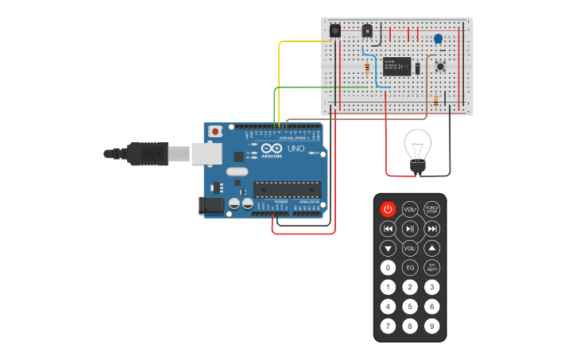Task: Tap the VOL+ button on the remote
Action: pos(410,210)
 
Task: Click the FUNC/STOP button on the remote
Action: pos(431,210)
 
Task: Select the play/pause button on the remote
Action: pos(410,229)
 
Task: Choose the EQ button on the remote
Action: pos(410,268)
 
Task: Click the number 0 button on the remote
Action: pos(388,268)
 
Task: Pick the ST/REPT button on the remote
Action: pos(431,268)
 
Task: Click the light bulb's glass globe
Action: pos(417,145)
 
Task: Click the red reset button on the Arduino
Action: pos(215,132)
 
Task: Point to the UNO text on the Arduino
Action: pos(296,149)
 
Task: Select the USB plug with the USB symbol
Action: pos(145,153)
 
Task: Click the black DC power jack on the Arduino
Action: pos(210,206)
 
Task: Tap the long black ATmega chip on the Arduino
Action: pos(288,189)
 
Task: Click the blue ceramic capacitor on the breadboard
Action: pos(438,38)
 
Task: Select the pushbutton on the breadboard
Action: pos(439,67)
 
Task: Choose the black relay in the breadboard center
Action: pos(396,65)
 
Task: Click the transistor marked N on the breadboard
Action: pos(367,31)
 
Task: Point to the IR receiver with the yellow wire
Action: pos(335,30)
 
